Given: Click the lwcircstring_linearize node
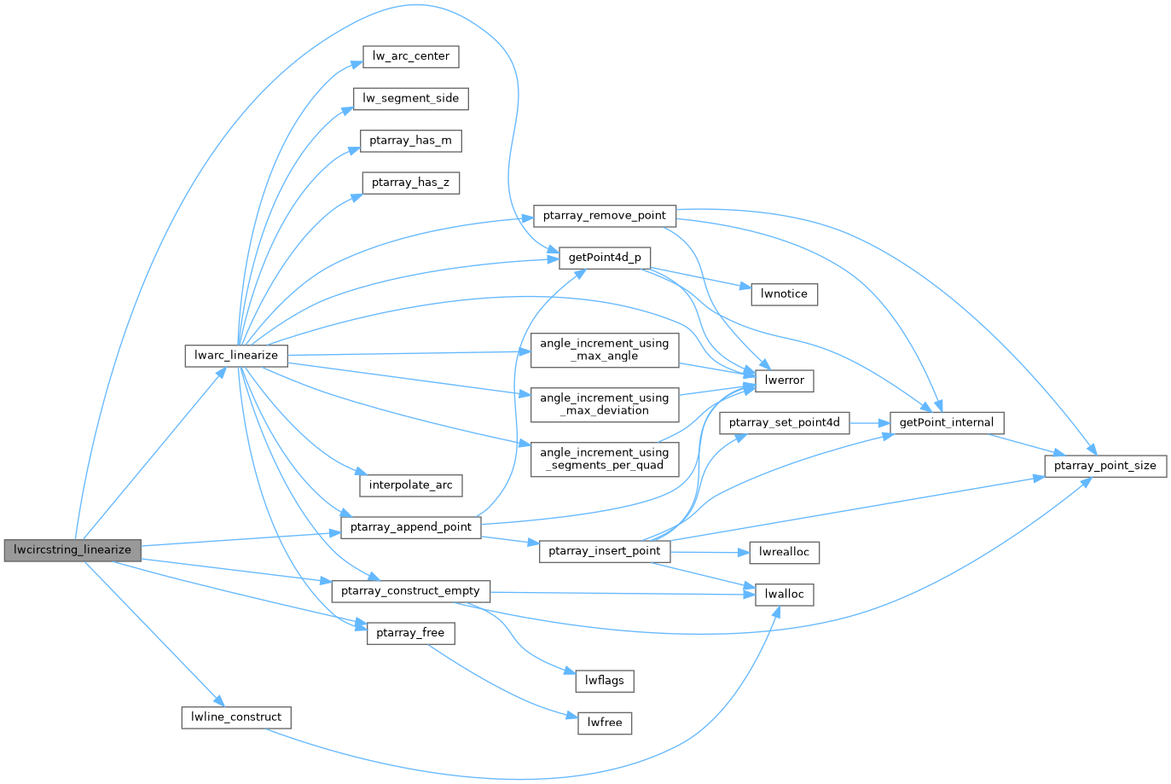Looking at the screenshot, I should point(72,550).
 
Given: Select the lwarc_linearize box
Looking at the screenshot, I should point(236,356).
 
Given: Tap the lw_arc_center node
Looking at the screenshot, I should point(411,57).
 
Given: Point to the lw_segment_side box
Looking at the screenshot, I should point(411,99).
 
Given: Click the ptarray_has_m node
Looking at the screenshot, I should point(411,141).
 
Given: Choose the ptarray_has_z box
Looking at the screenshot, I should point(411,183).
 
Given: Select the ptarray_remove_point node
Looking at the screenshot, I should point(604,216).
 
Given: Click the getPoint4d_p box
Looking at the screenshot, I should point(605,258).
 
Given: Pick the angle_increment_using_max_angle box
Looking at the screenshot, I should point(605,350).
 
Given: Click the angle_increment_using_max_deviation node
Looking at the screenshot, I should point(605,404).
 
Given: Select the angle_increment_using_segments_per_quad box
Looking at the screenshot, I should point(605,459).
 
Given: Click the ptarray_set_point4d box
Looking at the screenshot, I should point(785,423).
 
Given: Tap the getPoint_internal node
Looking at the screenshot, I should point(947,423).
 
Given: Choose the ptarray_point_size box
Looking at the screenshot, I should point(1105,466).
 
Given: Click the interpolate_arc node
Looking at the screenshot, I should point(411,485).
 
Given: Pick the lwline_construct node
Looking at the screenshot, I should point(236,717).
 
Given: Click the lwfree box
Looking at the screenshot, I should point(605,723).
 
